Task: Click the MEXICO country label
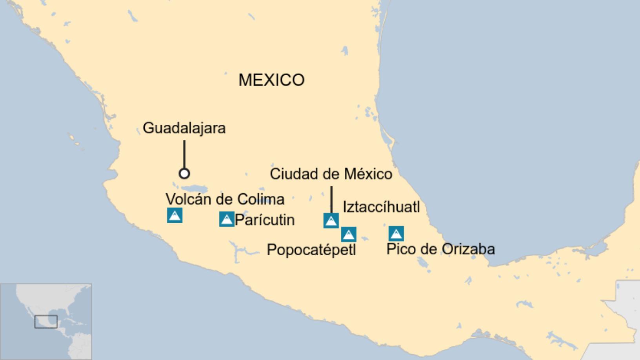(271, 80)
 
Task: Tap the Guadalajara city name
(184, 128)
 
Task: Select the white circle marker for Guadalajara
(184, 173)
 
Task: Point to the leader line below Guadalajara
(184, 154)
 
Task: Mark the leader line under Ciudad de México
(331, 199)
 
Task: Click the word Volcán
(189, 199)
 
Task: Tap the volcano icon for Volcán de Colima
(175, 215)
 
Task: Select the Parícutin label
(265, 220)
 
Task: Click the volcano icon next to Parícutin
(227, 219)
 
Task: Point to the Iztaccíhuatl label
(381, 207)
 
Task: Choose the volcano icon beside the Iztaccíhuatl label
(331, 221)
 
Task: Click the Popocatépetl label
(311, 250)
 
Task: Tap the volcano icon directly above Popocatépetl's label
(349, 235)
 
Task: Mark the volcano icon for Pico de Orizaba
(396, 234)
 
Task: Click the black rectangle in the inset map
(46, 322)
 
